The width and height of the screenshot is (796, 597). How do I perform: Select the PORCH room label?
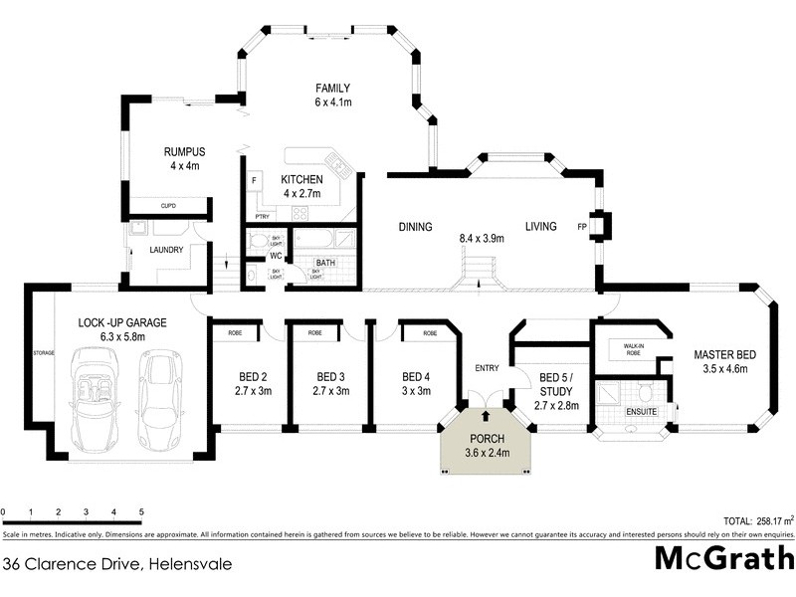(486, 440)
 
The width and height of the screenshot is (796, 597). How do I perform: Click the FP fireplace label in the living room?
(582, 227)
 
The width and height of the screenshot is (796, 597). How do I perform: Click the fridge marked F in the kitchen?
(255, 180)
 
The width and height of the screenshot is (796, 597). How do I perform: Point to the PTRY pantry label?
(263, 216)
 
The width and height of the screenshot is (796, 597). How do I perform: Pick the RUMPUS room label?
(184, 152)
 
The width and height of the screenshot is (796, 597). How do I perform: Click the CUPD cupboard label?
(168, 206)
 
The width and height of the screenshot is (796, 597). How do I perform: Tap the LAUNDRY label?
(165, 250)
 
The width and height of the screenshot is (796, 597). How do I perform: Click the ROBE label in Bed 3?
(313, 332)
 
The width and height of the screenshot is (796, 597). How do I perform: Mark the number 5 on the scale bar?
(141, 511)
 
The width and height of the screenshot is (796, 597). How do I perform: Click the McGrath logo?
(723, 558)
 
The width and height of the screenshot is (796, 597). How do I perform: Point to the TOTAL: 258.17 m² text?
(752, 520)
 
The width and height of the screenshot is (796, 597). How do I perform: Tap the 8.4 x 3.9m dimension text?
(482, 239)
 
